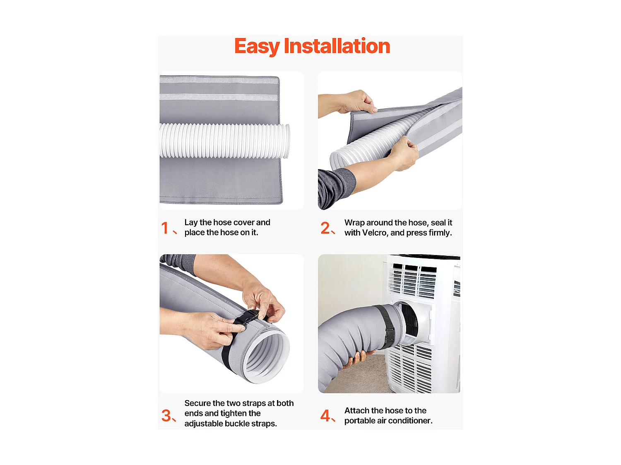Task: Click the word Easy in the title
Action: pyautogui.click(x=257, y=46)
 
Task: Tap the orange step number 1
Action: pyautogui.click(x=165, y=228)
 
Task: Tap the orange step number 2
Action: pyautogui.click(x=325, y=228)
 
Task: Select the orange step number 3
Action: pyautogui.click(x=166, y=415)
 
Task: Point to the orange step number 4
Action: pyautogui.click(x=325, y=415)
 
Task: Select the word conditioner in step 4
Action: pyautogui.click(x=410, y=421)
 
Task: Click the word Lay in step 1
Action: pyautogui.click(x=191, y=222)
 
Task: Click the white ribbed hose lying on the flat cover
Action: pyautogui.click(x=224, y=141)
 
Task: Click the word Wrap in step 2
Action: pyautogui.click(x=354, y=222)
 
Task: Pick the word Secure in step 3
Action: pyautogui.click(x=197, y=403)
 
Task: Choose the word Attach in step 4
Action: pyautogui.click(x=357, y=410)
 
